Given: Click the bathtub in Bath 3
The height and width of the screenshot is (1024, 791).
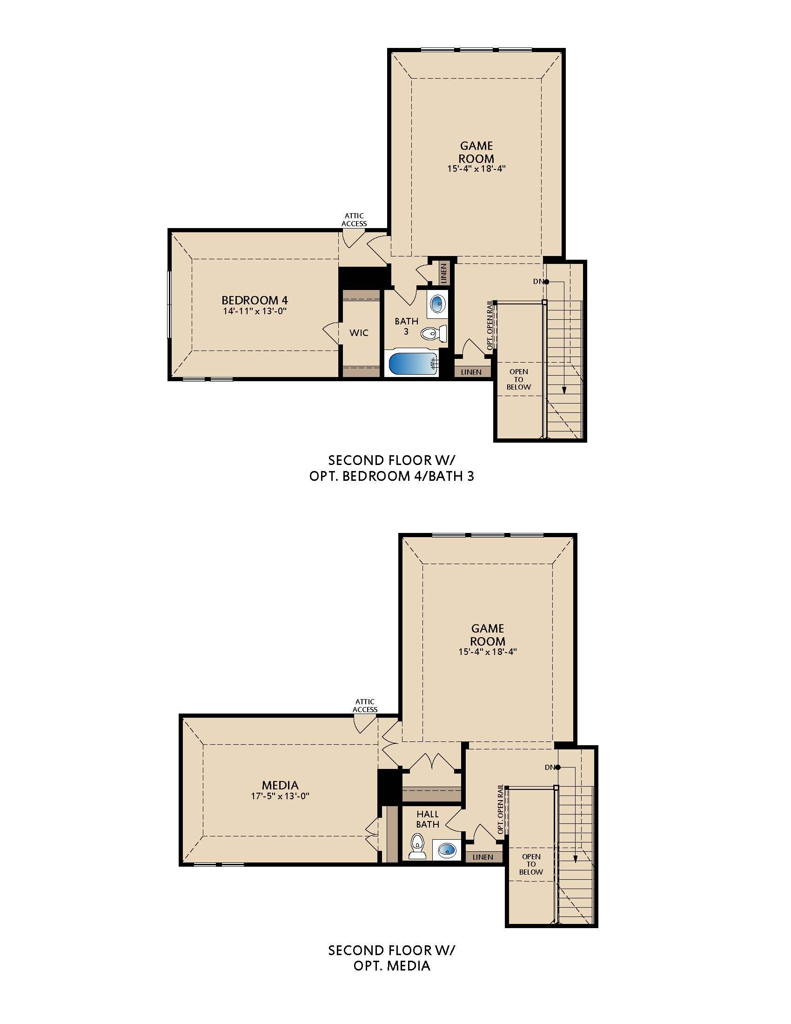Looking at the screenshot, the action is point(412,364).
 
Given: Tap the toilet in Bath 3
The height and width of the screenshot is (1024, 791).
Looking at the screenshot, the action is point(434,334).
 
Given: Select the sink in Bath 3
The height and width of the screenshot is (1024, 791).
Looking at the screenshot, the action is point(437,303).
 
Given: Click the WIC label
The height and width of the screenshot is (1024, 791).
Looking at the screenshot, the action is point(359,333).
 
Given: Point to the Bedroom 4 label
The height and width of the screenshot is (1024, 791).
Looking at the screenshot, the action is point(255,300).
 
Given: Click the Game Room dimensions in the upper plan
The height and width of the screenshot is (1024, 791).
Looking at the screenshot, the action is point(476,168).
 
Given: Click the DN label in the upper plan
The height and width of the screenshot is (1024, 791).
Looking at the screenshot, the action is point(538,281).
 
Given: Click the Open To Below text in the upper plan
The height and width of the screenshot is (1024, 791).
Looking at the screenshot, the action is point(519,379).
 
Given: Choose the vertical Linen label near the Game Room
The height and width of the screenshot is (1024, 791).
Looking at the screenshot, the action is point(444,273).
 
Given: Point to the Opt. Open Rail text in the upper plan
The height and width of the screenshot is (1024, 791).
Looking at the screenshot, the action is point(489,325).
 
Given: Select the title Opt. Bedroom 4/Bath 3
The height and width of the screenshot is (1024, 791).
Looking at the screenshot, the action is point(392,476).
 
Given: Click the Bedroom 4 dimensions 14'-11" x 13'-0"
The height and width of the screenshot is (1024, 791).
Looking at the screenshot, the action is point(255,311).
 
